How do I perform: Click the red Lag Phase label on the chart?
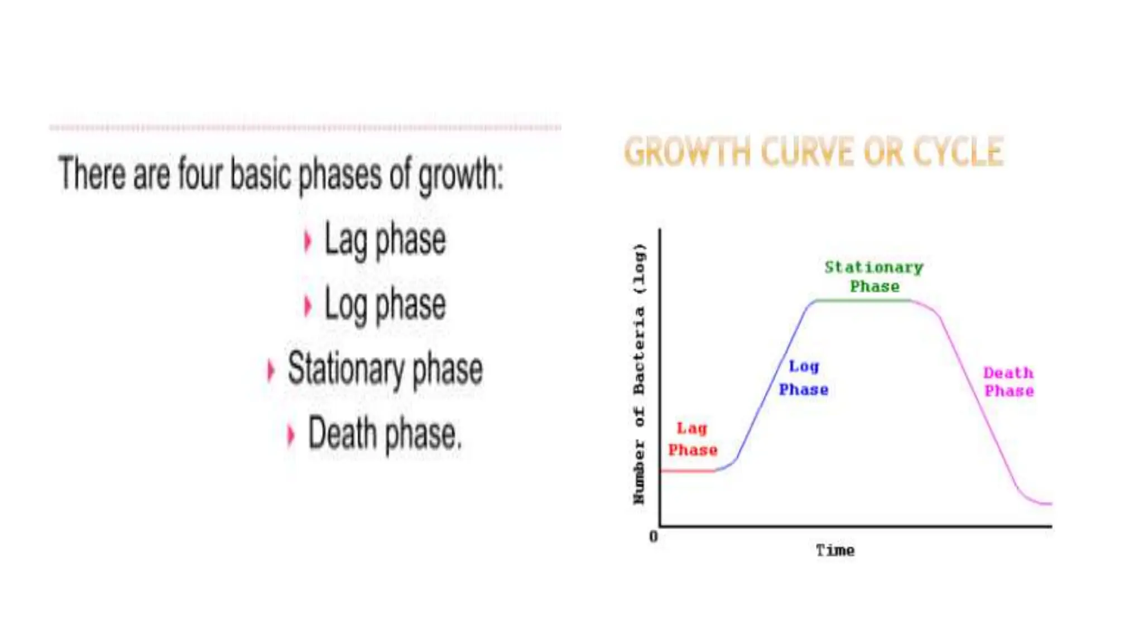[693, 439]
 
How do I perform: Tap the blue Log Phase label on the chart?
[804, 378]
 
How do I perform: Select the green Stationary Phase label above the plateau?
[874, 276]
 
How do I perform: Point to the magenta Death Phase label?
[1008, 382]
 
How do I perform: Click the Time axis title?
[835, 550]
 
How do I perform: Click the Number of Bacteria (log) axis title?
[639, 373]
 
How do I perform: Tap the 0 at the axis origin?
[654, 536]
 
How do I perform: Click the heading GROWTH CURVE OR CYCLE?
[813, 152]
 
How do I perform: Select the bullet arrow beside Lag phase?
[307, 242]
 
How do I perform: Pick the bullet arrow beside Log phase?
[307, 306]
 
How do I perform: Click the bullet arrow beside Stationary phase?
[271, 370]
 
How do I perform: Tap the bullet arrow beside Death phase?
[290, 435]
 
